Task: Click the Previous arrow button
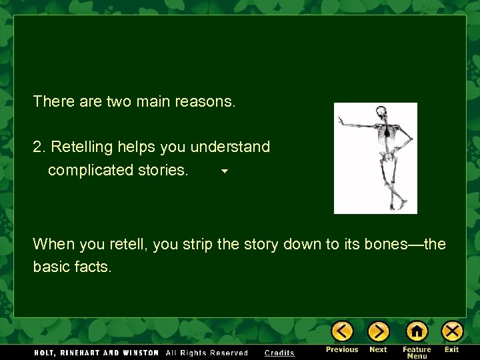click(342, 331)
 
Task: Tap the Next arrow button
click(378, 331)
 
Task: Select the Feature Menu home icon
click(417, 331)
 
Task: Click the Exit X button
click(452, 331)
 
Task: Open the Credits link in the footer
click(279, 353)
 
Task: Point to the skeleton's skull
click(381, 112)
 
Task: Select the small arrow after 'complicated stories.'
click(225, 171)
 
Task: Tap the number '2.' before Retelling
click(39, 147)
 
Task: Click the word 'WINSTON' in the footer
click(141, 353)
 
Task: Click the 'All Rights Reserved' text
click(207, 353)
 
